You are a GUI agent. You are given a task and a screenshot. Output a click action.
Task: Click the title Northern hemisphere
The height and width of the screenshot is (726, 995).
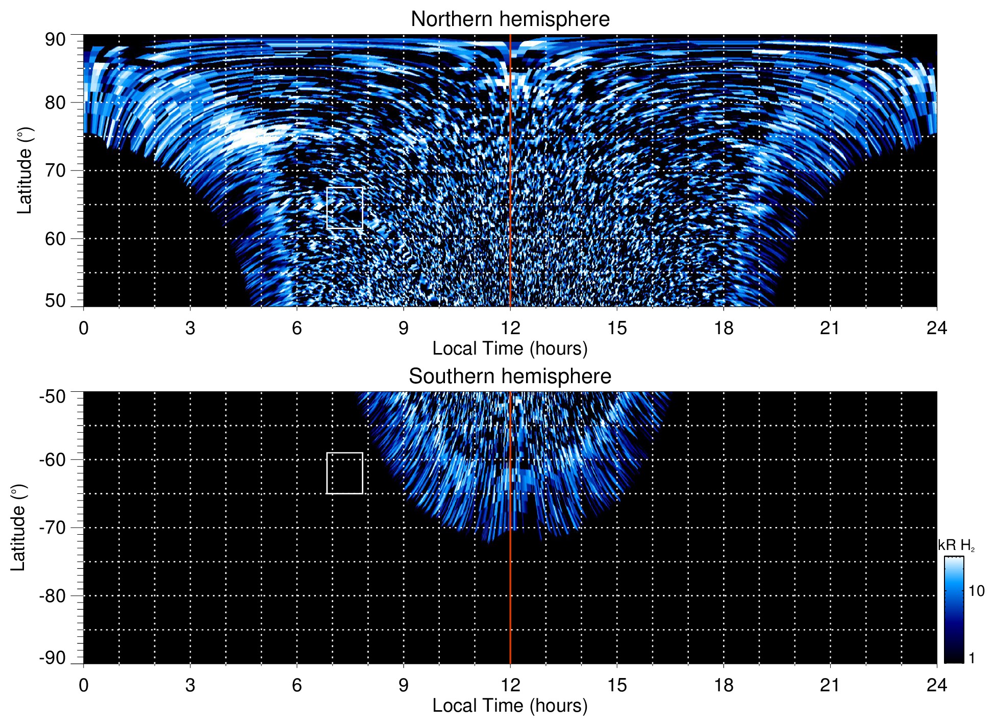510,19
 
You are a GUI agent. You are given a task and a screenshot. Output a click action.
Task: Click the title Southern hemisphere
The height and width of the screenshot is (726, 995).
510,377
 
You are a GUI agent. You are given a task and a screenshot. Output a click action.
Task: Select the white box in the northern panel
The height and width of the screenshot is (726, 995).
344,208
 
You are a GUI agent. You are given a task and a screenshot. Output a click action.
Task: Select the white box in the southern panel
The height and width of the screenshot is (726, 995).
344,473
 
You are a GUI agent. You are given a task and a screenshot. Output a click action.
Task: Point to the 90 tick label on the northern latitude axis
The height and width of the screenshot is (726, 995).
55,40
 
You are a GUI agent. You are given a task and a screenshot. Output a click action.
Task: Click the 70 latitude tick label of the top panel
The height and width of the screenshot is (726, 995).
55,170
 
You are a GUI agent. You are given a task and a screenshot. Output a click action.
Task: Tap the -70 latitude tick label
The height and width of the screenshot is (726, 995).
53,528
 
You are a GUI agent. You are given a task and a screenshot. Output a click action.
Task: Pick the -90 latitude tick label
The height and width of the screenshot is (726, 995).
53,658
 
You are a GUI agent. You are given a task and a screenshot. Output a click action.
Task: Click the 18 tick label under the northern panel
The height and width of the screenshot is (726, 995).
723,328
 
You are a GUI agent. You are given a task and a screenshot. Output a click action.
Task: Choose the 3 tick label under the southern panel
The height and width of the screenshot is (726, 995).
190,685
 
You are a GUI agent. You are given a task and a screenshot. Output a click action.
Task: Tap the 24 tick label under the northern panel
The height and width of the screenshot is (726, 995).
936,328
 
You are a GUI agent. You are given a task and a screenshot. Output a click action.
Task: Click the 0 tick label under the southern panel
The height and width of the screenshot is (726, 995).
84,685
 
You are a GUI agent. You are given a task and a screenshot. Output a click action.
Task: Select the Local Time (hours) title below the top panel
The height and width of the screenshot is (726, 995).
510,348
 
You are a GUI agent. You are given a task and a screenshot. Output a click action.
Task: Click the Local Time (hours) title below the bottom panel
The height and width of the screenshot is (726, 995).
510,706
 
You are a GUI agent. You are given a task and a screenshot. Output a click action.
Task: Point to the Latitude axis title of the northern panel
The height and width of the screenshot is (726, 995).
24,170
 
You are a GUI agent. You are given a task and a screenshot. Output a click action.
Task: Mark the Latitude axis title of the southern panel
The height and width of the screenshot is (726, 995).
18,528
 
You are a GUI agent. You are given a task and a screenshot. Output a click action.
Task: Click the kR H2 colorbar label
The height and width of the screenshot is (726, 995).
956,545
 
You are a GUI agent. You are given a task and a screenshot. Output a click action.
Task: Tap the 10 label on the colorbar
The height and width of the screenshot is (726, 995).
976,591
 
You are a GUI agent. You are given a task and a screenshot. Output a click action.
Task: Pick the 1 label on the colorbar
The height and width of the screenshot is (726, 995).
972,658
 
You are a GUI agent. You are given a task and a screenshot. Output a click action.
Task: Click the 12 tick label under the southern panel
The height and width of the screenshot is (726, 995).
510,685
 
